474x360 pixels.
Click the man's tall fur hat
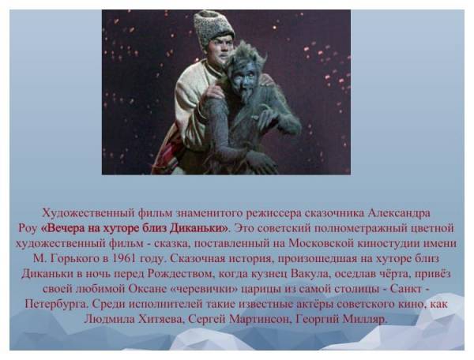pyautogui.click(x=213, y=28)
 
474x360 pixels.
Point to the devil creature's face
pyautogui.click(x=247, y=79)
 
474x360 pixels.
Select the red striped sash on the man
pyautogui.click(x=166, y=150)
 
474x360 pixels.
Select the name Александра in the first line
pyautogui.click(x=399, y=213)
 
